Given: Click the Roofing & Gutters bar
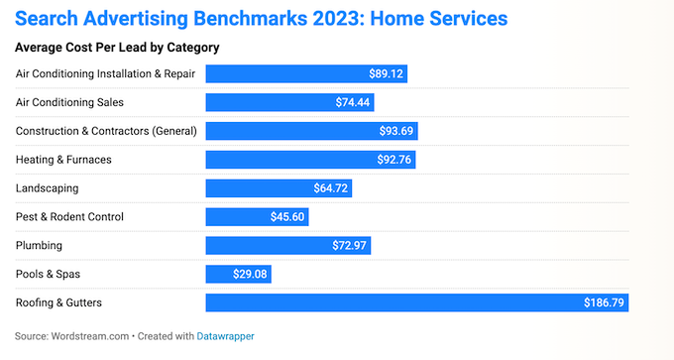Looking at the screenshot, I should click(x=416, y=302).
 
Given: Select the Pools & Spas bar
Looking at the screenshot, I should click(x=237, y=274).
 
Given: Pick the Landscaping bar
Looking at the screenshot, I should click(x=278, y=187).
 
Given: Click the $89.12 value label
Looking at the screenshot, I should click(x=384, y=73).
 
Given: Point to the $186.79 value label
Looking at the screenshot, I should click(x=601, y=302).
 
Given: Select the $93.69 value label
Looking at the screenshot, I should click(x=397, y=131).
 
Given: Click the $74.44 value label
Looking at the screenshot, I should click(x=353, y=102).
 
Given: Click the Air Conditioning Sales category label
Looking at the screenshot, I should click(x=69, y=102).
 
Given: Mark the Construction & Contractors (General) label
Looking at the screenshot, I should click(x=107, y=131).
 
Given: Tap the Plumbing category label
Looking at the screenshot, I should click(x=39, y=245).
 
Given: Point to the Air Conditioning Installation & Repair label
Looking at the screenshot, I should click(x=106, y=73).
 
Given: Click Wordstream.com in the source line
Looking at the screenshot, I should click(x=91, y=336).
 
